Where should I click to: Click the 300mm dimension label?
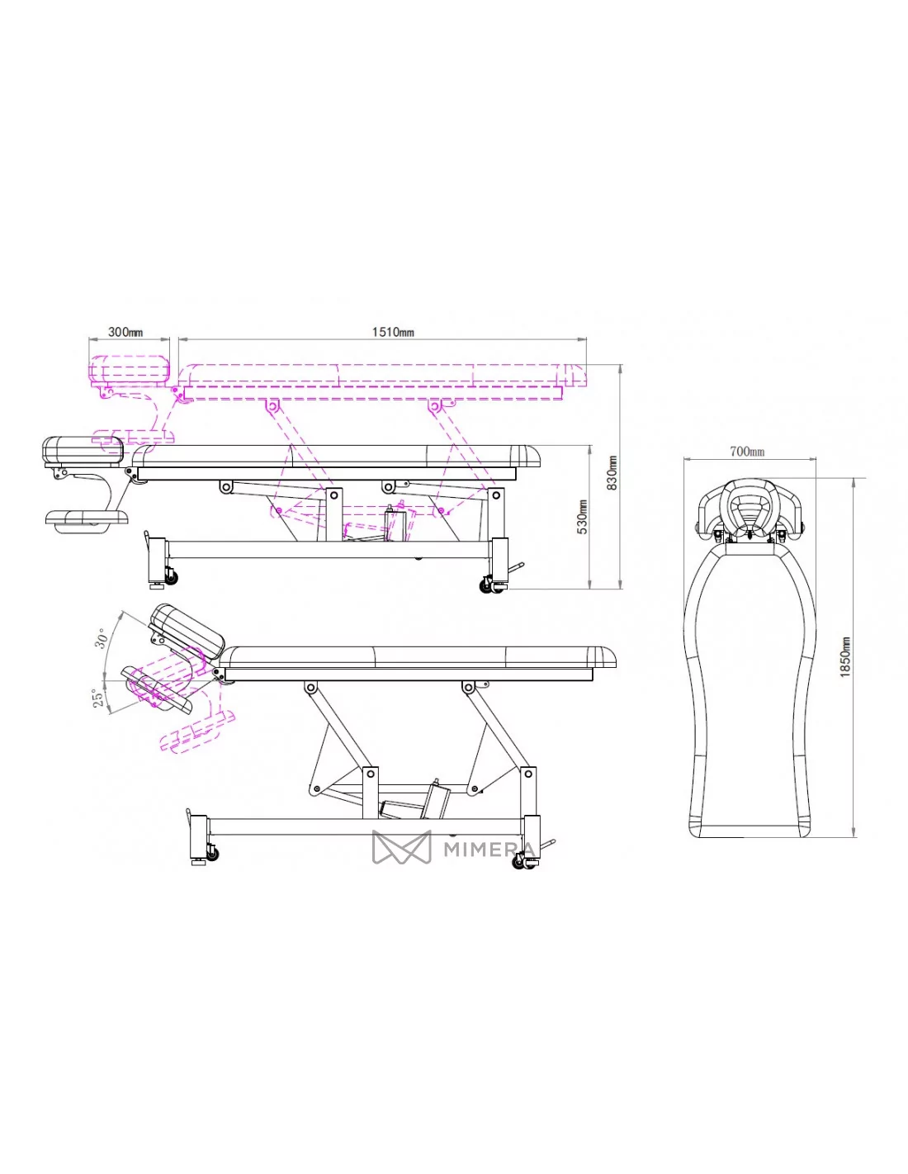[125, 331]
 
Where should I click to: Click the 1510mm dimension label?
[393, 331]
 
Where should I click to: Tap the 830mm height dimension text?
[612, 472]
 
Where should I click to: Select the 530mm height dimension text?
[582, 517]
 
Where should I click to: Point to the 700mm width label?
[747, 451]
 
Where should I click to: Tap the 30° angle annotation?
[102, 638]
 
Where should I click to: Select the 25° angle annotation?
[97, 698]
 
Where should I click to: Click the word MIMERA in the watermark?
[489, 849]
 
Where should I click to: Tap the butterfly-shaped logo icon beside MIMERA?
[401, 846]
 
